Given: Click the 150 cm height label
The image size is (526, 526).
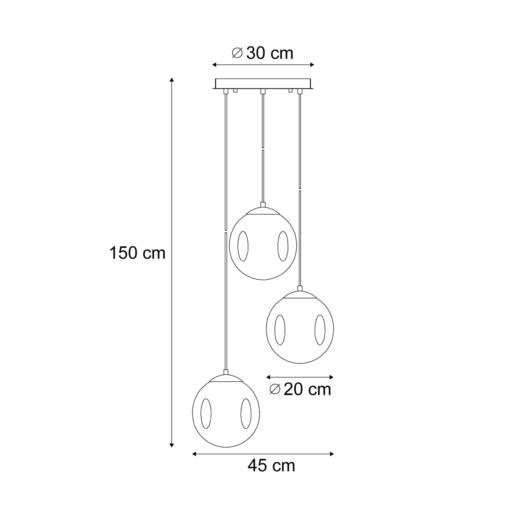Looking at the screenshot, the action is pyautogui.click(x=137, y=253).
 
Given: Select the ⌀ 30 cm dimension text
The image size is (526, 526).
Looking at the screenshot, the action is pyautogui.click(x=262, y=53).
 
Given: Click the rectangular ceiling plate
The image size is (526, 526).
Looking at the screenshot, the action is pyautogui.click(x=263, y=84).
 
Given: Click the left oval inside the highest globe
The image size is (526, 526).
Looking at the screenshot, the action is pyautogui.click(x=243, y=246).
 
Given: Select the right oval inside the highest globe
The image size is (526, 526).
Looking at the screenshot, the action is pyautogui.click(x=283, y=246).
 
